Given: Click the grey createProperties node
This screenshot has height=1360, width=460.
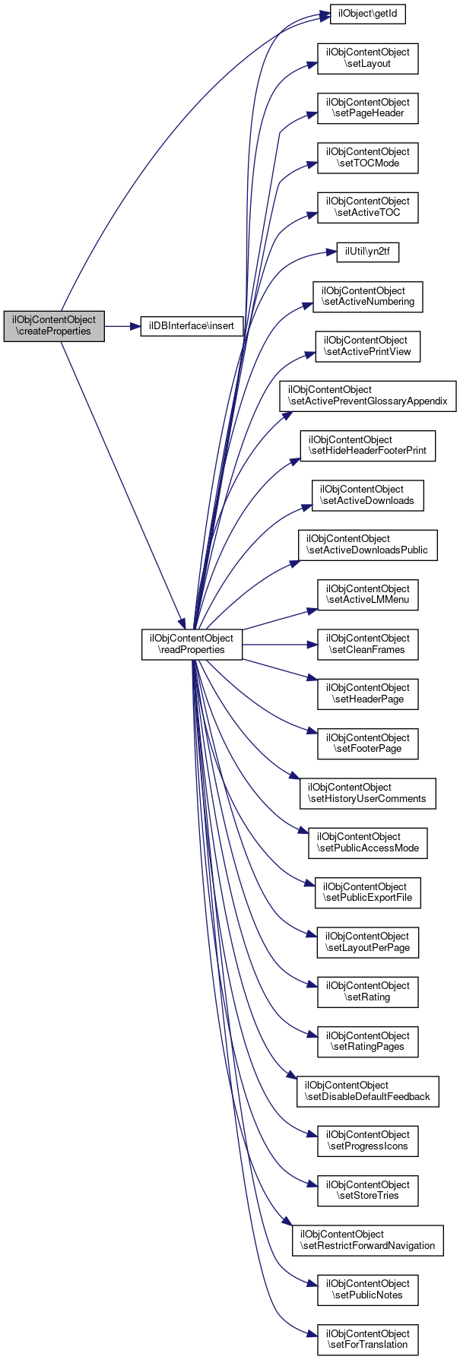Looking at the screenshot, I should (x=54, y=325).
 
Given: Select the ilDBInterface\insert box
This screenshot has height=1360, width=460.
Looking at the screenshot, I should (x=192, y=326).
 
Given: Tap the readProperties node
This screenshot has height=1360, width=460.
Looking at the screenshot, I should (x=192, y=644).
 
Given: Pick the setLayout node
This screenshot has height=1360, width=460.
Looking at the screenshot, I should (x=367, y=58).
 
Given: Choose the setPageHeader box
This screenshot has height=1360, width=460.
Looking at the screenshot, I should (x=367, y=108).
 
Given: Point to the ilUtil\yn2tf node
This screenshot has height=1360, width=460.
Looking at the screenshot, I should (x=368, y=252).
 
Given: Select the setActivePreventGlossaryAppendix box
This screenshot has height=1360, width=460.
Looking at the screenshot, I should (x=367, y=395).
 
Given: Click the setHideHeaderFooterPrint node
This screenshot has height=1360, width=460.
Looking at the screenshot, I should (x=368, y=445).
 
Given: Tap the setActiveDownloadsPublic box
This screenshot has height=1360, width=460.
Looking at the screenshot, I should (x=367, y=544).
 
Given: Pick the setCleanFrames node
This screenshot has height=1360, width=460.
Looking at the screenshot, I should (x=367, y=644).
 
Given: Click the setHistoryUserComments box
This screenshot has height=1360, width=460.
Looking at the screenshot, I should (x=368, y=793).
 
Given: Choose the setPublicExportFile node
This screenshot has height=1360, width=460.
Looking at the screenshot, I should (x=368, y=892).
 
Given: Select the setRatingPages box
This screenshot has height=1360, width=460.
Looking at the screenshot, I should (x=367, y=1041).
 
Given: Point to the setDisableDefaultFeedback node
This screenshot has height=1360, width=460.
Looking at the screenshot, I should (x=367, y=1091).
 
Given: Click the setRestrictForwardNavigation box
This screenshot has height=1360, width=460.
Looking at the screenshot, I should (x=368, y=1240).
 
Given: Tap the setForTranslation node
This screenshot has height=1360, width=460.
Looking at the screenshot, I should (x=367, y=1339).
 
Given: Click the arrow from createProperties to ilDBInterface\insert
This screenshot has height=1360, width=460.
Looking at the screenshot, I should (x=122, y=326).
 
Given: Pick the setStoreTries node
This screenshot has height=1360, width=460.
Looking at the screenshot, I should (x=367, y=1190).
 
